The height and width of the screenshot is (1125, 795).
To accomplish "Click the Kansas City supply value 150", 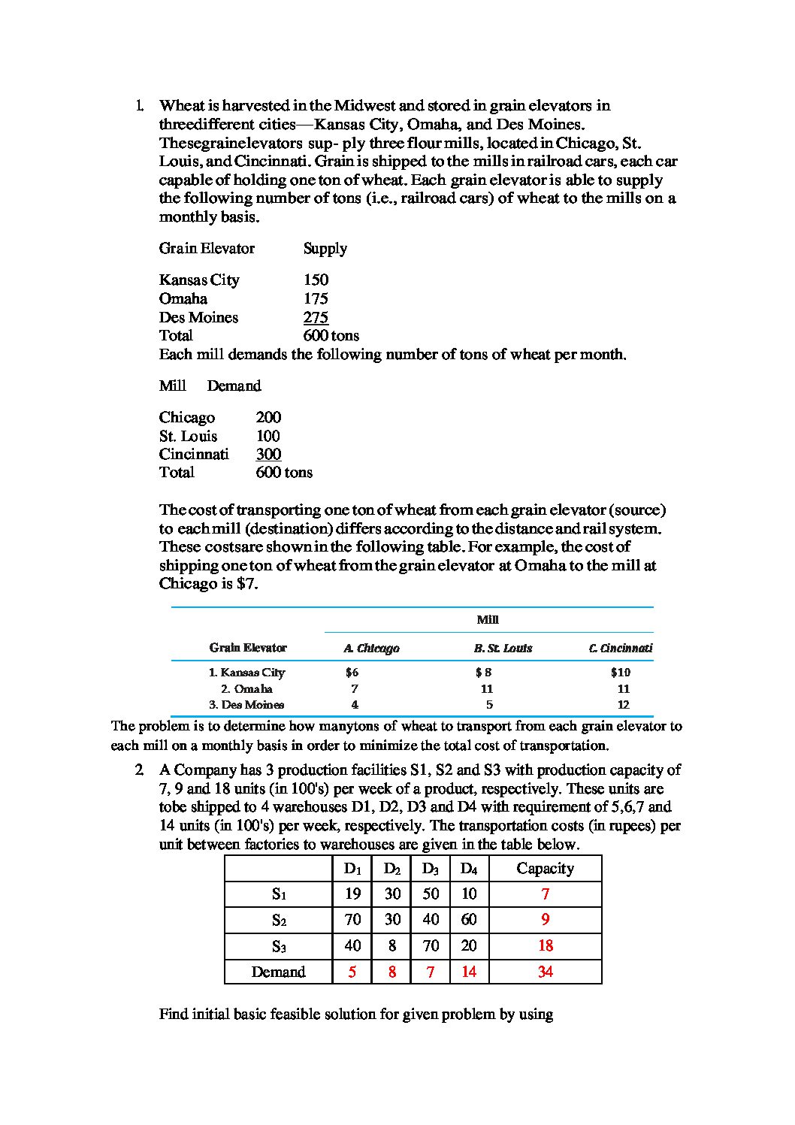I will point(316,280).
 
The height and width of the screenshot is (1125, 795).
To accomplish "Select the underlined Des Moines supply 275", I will point(316,317).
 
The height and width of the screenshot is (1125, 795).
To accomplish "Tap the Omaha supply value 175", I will point(316,298).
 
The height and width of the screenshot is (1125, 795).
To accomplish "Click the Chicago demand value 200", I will point(268,418).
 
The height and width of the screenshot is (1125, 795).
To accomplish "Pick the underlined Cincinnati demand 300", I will point(268,454).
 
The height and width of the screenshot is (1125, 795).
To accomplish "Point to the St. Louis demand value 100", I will point(268,436).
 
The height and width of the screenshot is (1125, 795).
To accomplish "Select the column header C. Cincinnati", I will point(621,648).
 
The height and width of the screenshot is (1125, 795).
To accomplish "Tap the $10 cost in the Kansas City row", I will point(621,673).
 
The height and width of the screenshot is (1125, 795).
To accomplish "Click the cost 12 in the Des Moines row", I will point(623,705).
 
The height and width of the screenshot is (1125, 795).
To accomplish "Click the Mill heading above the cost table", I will point(488,620).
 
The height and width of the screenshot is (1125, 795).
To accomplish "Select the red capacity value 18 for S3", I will point(546,945).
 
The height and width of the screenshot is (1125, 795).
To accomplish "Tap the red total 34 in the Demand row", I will point(546,972).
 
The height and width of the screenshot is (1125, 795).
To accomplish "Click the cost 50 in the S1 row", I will point(431,894).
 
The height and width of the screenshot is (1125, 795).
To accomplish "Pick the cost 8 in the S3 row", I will point(392,945).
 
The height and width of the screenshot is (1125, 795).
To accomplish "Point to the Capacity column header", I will point(546,869).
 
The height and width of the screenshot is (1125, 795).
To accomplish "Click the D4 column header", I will point(469,869).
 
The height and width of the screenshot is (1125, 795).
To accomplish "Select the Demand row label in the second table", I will point(279,972).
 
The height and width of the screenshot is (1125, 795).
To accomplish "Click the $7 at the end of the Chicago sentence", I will point(246,584).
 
